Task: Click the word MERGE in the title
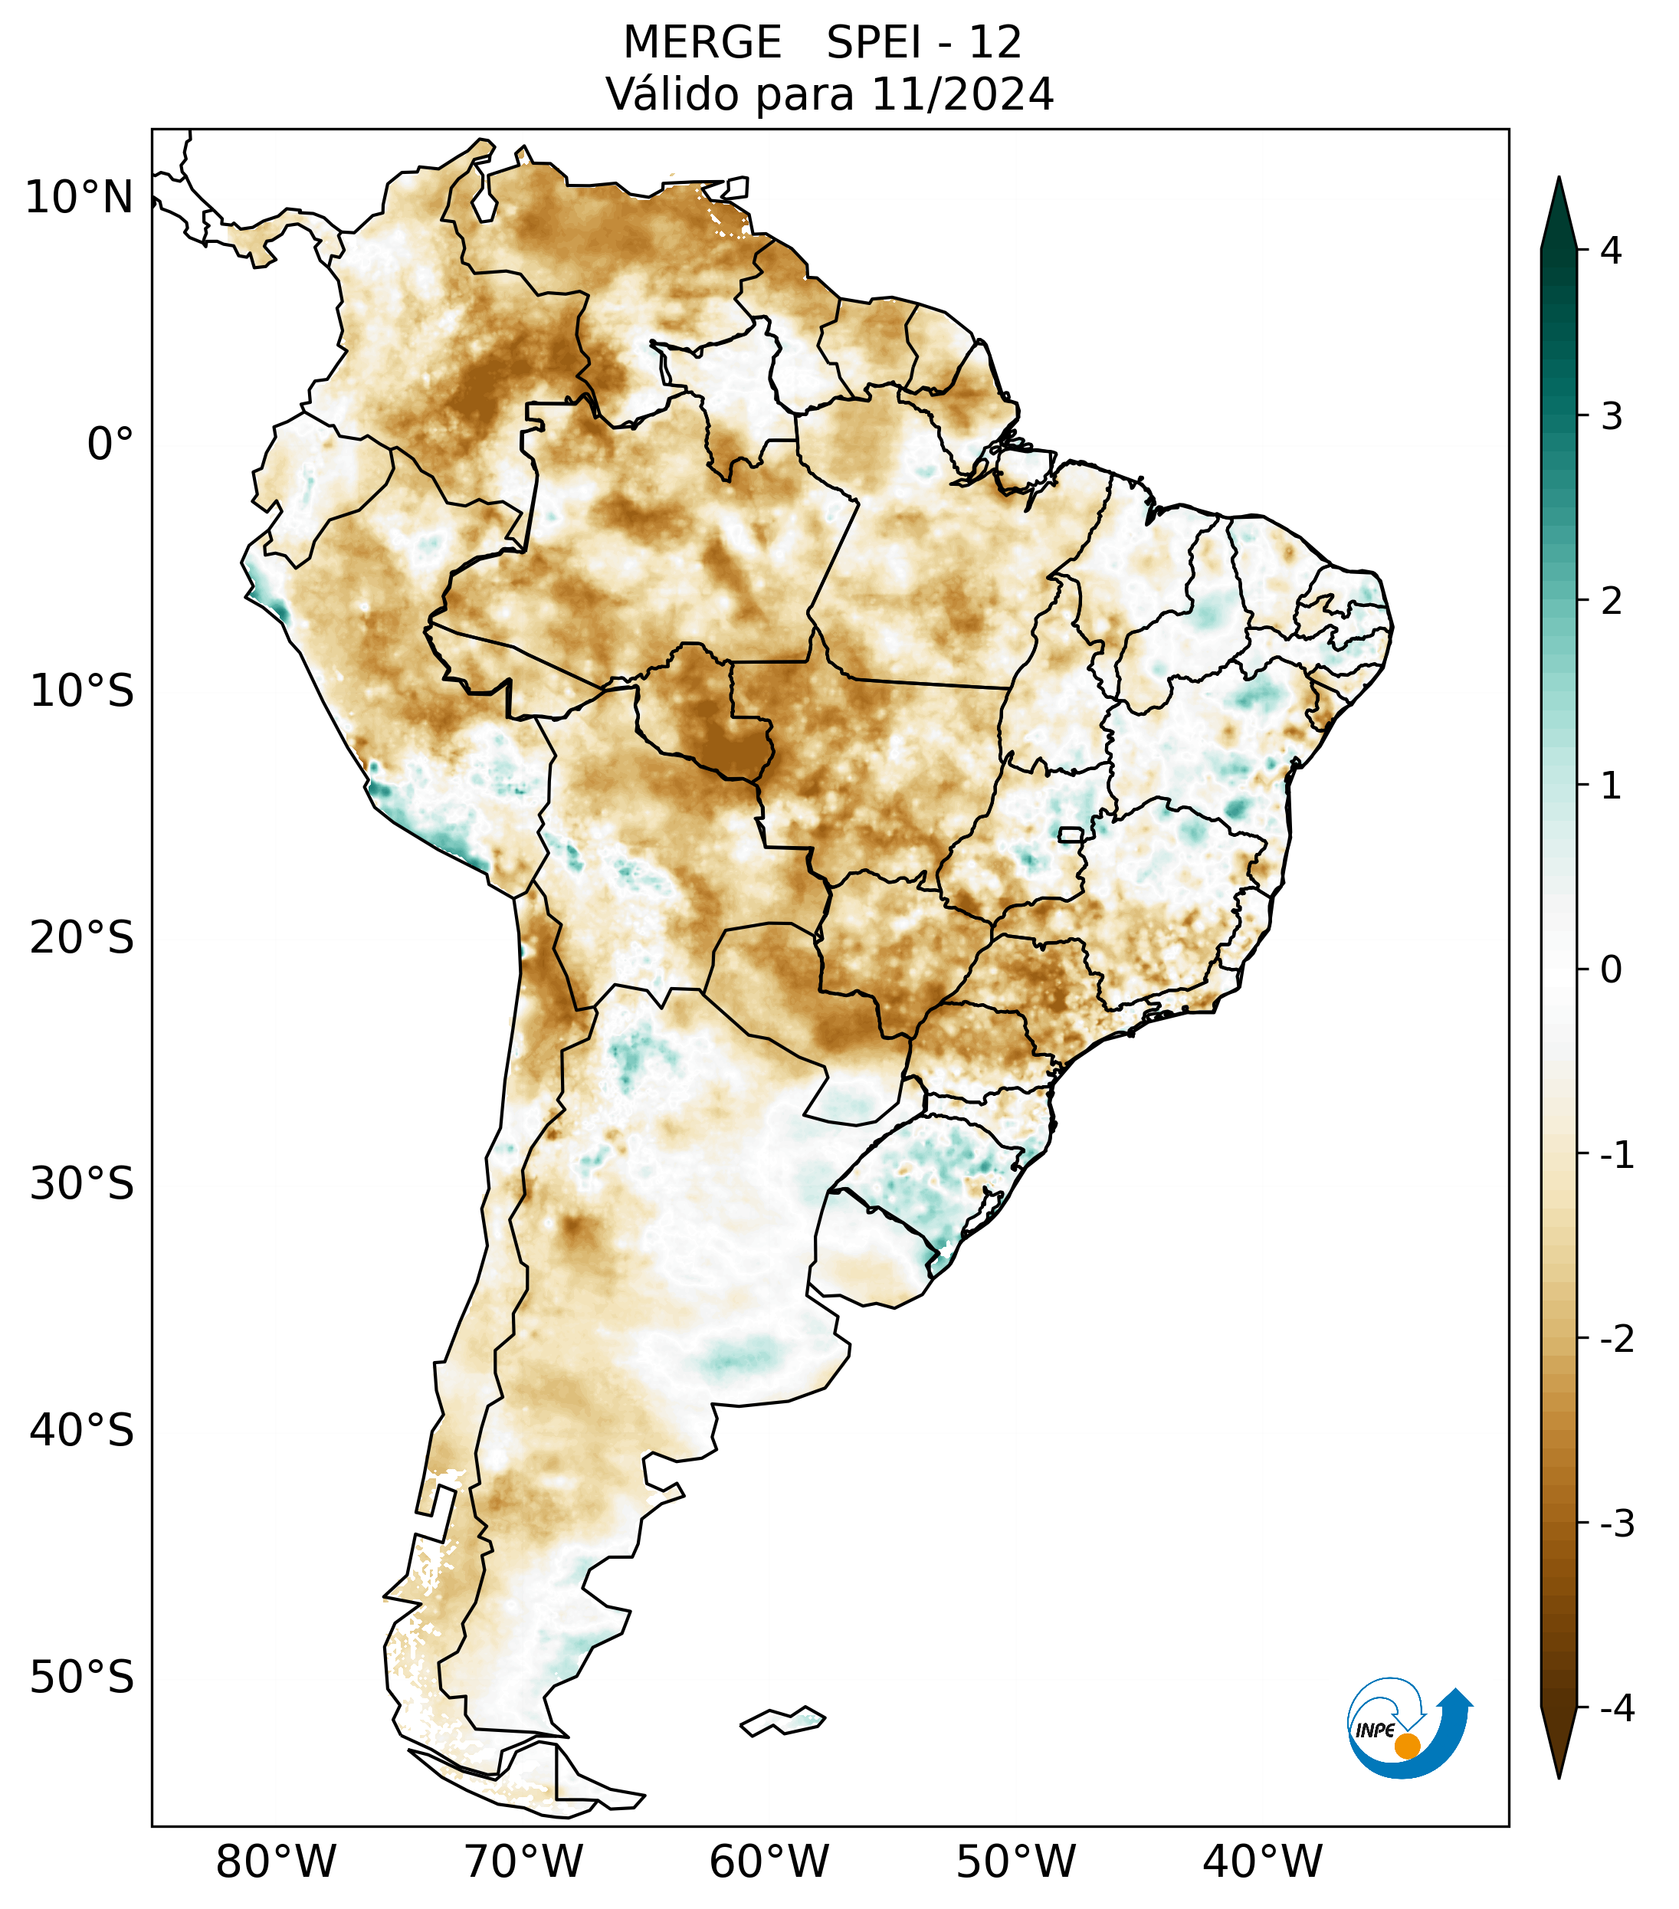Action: click(x=701, y=43)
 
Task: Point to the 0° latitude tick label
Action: click(x=110, y=445)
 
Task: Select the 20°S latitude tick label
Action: click(x=82, y=938)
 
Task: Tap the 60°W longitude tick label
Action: click(x=769, y=1862)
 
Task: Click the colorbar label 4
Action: click(x=1611, y=251)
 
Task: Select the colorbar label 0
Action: click(x=1611, y=969)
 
